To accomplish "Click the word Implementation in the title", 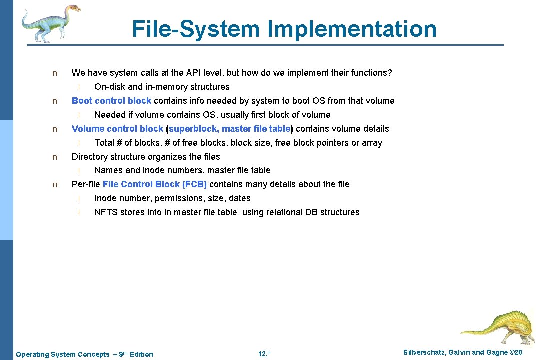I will point(352,29).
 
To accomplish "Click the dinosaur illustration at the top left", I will point(50,22).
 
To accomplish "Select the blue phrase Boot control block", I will point(111,101).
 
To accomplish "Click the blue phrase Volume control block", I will point(117,129).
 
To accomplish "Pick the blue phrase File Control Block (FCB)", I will point(155,184).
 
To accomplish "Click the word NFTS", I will point(106,212).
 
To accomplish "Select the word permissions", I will point(179,198).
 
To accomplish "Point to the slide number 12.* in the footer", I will point(264,354).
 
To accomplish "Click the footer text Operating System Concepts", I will point(63,354).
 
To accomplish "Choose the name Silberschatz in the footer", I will point(425,353).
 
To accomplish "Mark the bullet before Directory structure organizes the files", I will point(55,157).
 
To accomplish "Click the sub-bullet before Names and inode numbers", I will point(79,171).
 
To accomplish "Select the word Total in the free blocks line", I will point(104,143).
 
